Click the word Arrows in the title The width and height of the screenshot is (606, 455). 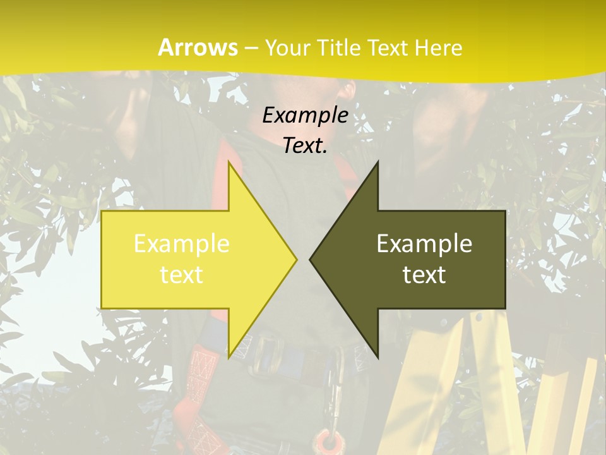198,47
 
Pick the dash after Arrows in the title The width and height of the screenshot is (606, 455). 251,48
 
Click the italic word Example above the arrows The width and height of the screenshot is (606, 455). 306,116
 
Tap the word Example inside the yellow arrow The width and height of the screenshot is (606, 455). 182,244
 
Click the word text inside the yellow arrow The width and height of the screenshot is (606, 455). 182,275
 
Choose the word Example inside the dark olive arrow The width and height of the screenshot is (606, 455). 424,244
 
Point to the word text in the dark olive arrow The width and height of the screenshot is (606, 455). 424,275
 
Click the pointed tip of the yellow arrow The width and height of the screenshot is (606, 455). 296,259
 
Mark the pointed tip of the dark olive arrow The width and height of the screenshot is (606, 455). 311,259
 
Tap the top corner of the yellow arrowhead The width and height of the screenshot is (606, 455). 229,162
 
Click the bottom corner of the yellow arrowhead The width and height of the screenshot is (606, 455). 229,357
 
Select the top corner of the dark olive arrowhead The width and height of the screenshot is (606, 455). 377,162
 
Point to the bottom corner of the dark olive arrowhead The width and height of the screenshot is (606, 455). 377,357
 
